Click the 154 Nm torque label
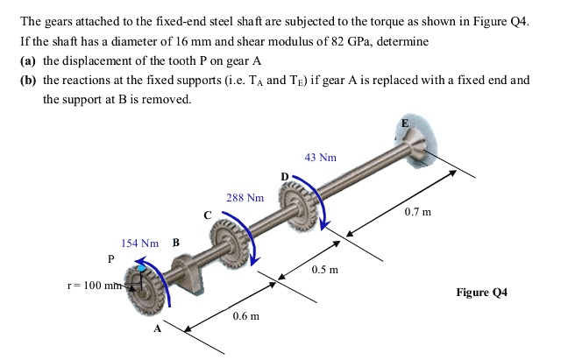139,243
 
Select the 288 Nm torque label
245,198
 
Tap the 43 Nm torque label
320,158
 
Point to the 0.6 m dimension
245,316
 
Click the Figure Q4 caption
481,292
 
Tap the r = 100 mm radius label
95,286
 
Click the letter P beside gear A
110,258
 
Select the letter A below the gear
158,328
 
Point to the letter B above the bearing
176,243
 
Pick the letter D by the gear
284,177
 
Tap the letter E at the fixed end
404,124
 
